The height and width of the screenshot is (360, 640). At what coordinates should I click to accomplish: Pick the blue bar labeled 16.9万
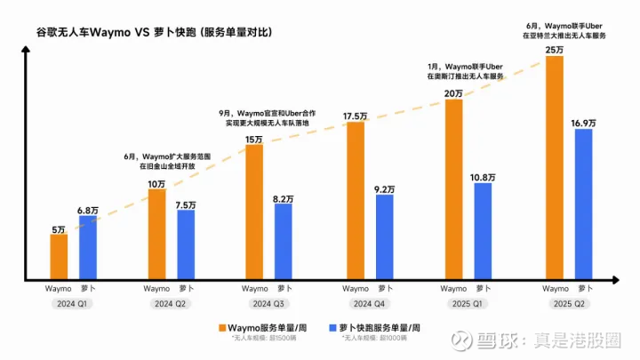pos(583,205)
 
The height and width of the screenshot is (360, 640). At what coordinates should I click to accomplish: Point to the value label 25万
pos(554,50)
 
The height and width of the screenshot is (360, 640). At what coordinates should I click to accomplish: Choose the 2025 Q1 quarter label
pos(468,303)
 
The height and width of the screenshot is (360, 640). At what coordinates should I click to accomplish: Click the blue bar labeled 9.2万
pos(384,238)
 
